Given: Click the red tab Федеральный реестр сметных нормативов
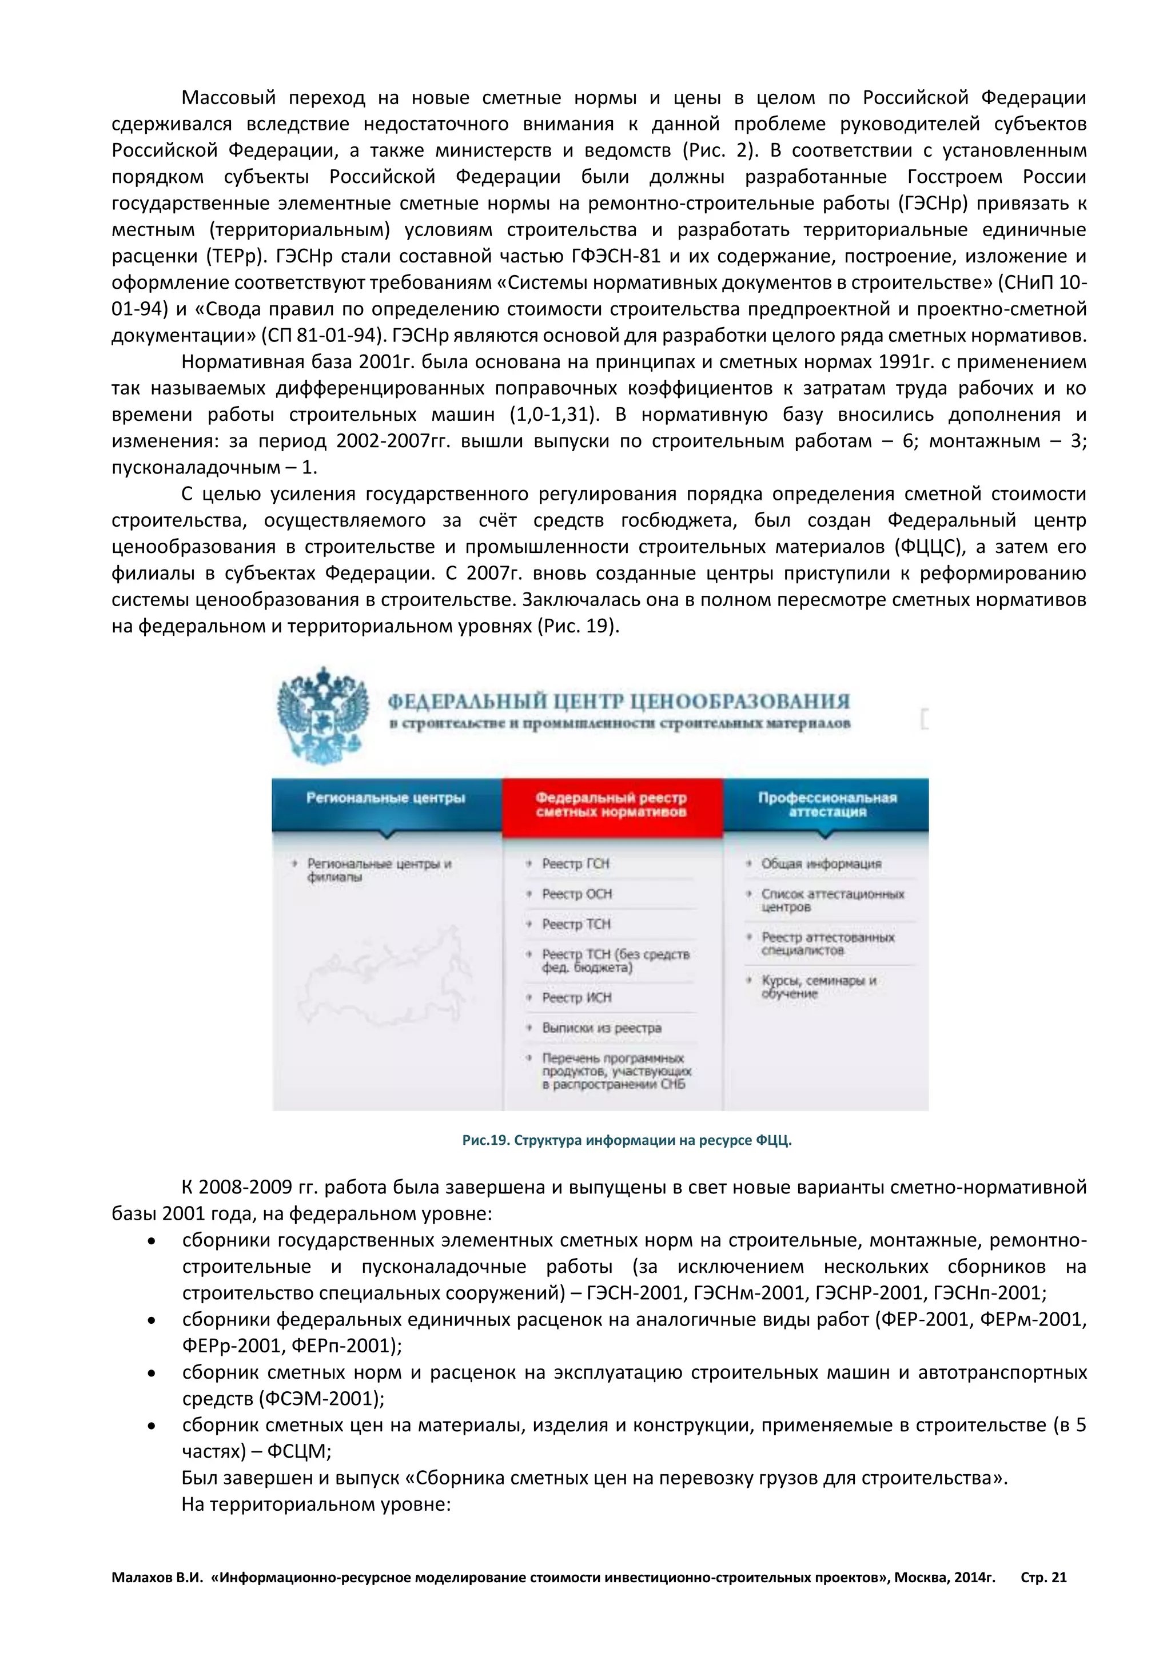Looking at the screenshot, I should pyautogui.click(x=611, y=805).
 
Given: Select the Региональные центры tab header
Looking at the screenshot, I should pyautogui.click(x=386, y=798).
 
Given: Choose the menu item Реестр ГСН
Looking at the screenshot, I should pyautogui.click(x=575, y=863).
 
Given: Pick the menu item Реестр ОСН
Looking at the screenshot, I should pyautogui.click(x=577, y=894).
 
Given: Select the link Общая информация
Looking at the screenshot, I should pyautogui.click(x=821, y=863).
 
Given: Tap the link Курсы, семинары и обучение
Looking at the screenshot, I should pyautogui.click(x=818, y=986).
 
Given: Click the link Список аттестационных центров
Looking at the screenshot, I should pyautogui.click(x=832, y=900).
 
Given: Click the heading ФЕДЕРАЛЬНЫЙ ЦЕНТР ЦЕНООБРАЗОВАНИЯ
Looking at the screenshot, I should pyautogui.click(x=619, y=701).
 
